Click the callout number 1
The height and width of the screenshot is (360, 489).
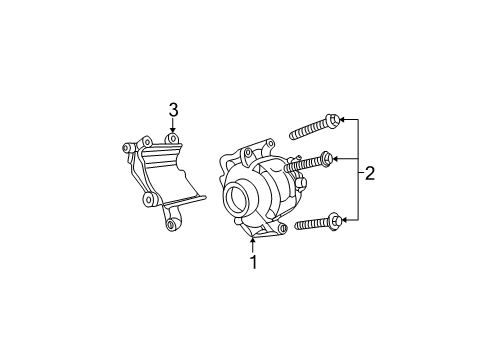point(253,263)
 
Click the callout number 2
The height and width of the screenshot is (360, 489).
point(369,173)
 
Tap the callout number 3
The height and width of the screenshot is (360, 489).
point(173,110)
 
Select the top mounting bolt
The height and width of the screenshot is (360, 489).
point(314,127)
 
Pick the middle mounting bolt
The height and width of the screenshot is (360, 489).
point(309,162)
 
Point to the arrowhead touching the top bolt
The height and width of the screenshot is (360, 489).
point(342,119)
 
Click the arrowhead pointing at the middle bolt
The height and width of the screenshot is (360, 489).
point(336,157)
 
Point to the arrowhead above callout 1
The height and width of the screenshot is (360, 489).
point(253,241)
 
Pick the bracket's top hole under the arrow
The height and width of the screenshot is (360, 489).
point(173,137)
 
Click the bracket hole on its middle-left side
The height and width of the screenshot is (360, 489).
point(149,200)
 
